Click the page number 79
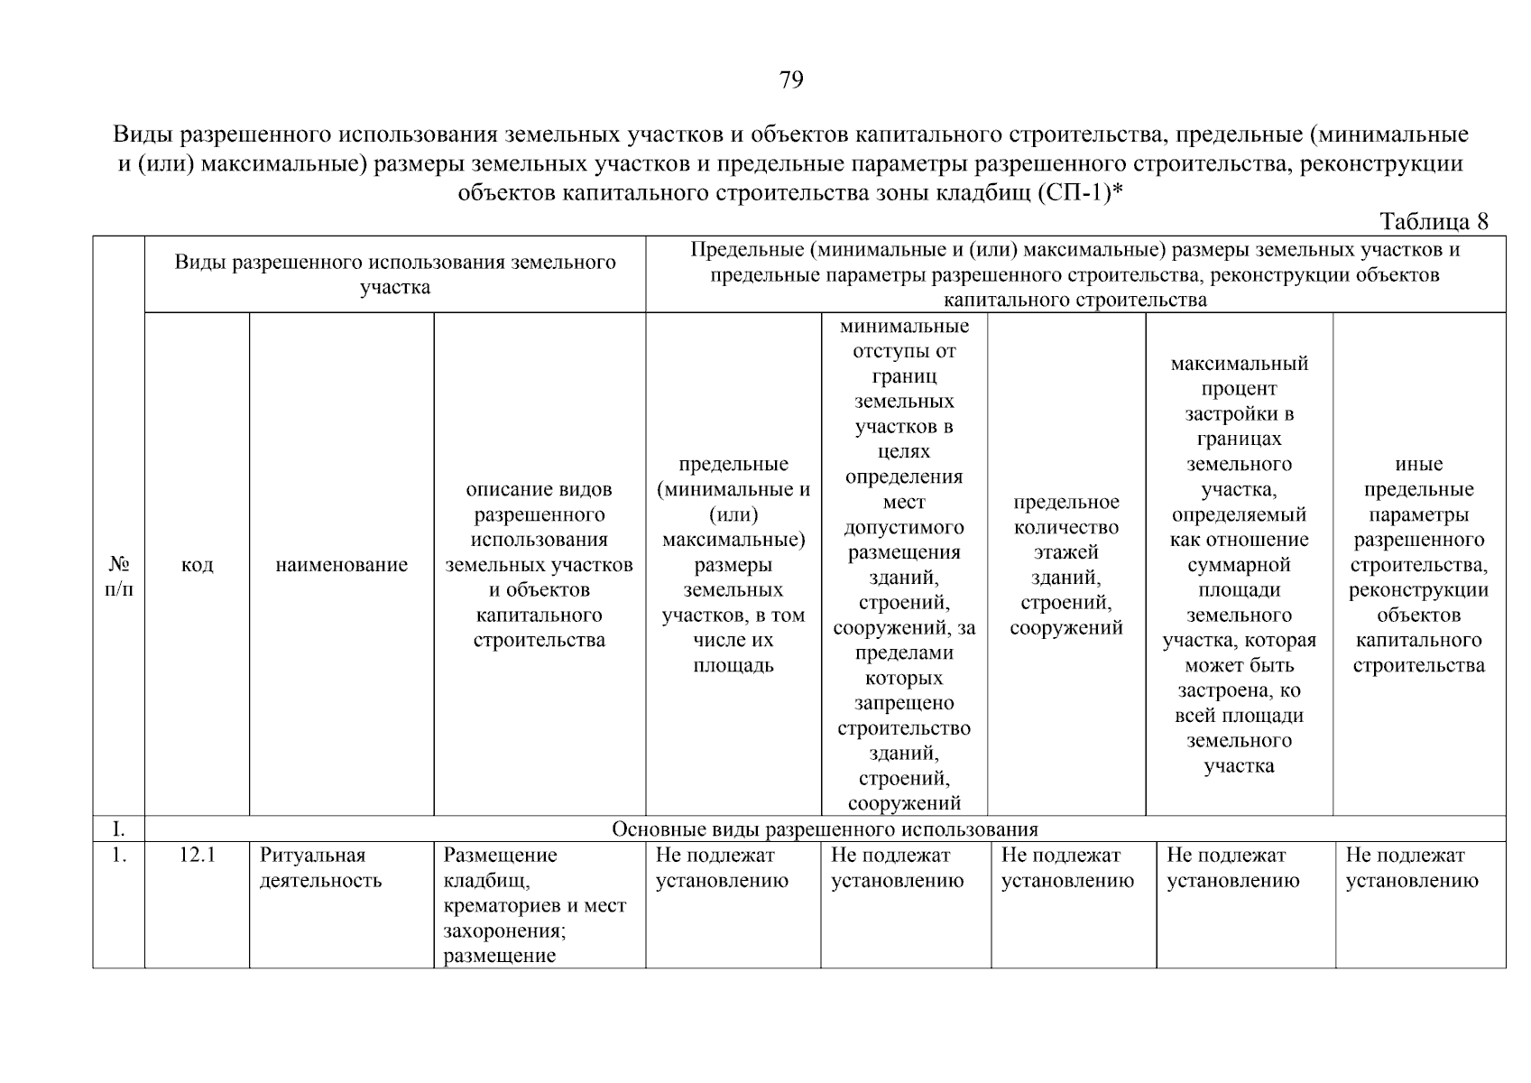click(x=790, y=80)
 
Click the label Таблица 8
click(x=1434, y=222)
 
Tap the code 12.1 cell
click(x=197, y=856)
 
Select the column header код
click(x=197, y=565)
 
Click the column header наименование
click(x=341, y=565)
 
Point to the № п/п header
click(x=118, y=577)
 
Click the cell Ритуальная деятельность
click(x=320, y=868)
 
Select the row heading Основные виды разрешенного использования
click(x=825, y=829)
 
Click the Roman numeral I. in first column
click(x=118, y=829)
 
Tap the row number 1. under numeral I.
click(x=118, y=856)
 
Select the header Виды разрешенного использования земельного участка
click(x=394, y=274)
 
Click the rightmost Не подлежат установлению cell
click(x=1412, y=868)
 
